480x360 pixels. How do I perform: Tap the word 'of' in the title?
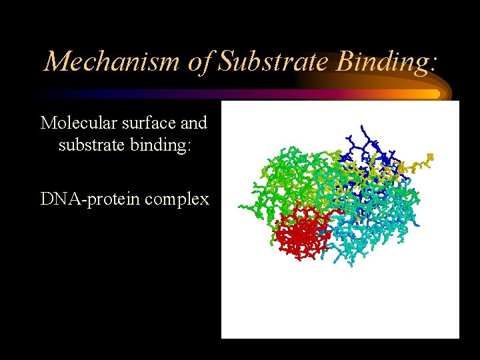point(199,61)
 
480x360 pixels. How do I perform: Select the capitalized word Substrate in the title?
point(275,61)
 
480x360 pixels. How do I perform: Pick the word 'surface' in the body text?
point(145,123)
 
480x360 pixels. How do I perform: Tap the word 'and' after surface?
point(193,123)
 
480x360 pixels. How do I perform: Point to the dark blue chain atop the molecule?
point(360,143)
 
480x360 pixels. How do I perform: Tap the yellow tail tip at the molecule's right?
point(429,157)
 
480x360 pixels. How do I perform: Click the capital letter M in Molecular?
point(47,123)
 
